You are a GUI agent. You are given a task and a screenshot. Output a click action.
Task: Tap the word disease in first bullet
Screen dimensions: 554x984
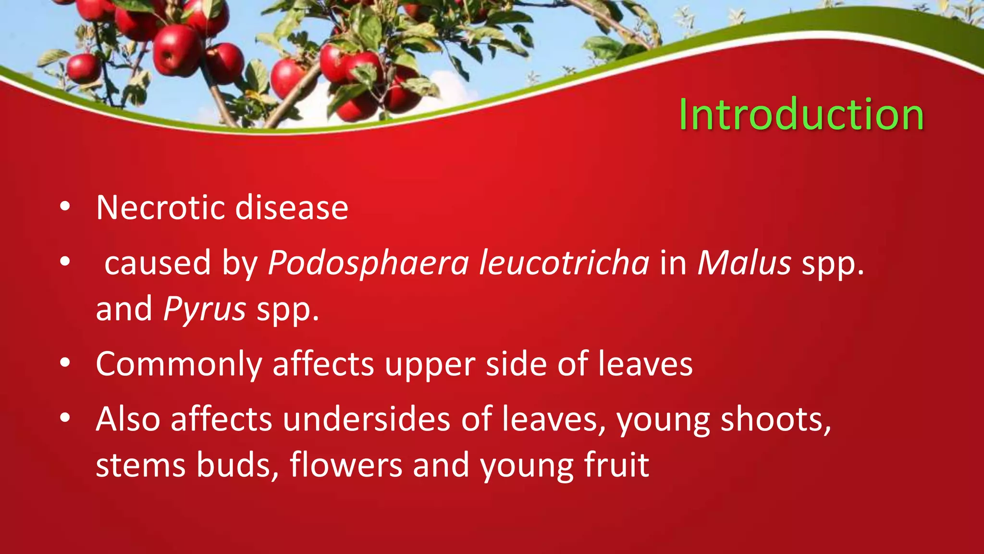pos(292,208)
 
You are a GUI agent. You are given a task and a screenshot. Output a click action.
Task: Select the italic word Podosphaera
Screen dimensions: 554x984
pos(368,264)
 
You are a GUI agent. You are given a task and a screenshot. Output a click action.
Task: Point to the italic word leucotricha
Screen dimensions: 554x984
pos(564,264)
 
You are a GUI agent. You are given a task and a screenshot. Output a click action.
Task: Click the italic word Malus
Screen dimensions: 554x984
pos(744,264)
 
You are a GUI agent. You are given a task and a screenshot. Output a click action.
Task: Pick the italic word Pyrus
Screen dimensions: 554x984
pos(205,310)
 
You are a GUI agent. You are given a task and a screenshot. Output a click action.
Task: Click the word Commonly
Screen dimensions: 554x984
pos(179,365)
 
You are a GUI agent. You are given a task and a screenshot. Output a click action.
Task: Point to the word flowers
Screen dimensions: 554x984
pos(346,465)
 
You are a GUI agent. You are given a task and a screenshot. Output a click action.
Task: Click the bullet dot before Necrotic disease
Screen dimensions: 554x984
pos(65,207)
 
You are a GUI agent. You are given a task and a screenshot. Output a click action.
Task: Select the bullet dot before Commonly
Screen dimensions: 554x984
pos(65,364)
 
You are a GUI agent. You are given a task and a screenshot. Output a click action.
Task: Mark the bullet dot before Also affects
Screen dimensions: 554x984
pos(65,418)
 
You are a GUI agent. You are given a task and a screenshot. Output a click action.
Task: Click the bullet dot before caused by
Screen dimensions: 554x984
pos(65,263)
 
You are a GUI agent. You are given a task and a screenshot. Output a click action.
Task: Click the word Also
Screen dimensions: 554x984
pos(128,419)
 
